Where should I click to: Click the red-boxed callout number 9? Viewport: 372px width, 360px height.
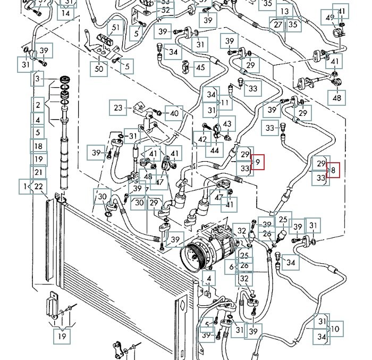[258, 162]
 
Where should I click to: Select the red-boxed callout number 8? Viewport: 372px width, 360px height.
[333, 171]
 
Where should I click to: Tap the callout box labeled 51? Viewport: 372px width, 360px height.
[115, 28]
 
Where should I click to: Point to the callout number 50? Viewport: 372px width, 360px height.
[99, 68]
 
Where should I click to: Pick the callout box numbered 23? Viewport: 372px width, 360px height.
[119, 108]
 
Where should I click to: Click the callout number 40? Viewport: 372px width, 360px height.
[174, 113]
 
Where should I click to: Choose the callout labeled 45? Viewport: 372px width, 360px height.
[200, 68]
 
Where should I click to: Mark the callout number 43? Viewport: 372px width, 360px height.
[227, 124]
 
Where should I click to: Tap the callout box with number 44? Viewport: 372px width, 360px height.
[215, 150]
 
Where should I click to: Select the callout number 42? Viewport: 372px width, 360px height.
[202, 140]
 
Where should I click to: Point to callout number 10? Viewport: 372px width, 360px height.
[335, 329]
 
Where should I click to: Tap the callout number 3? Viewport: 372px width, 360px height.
[37, 79]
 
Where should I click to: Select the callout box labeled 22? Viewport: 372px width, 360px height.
[38, 186]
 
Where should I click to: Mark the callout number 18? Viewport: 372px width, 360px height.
[38, 146]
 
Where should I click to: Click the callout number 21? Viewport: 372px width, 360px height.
[38, 172]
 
